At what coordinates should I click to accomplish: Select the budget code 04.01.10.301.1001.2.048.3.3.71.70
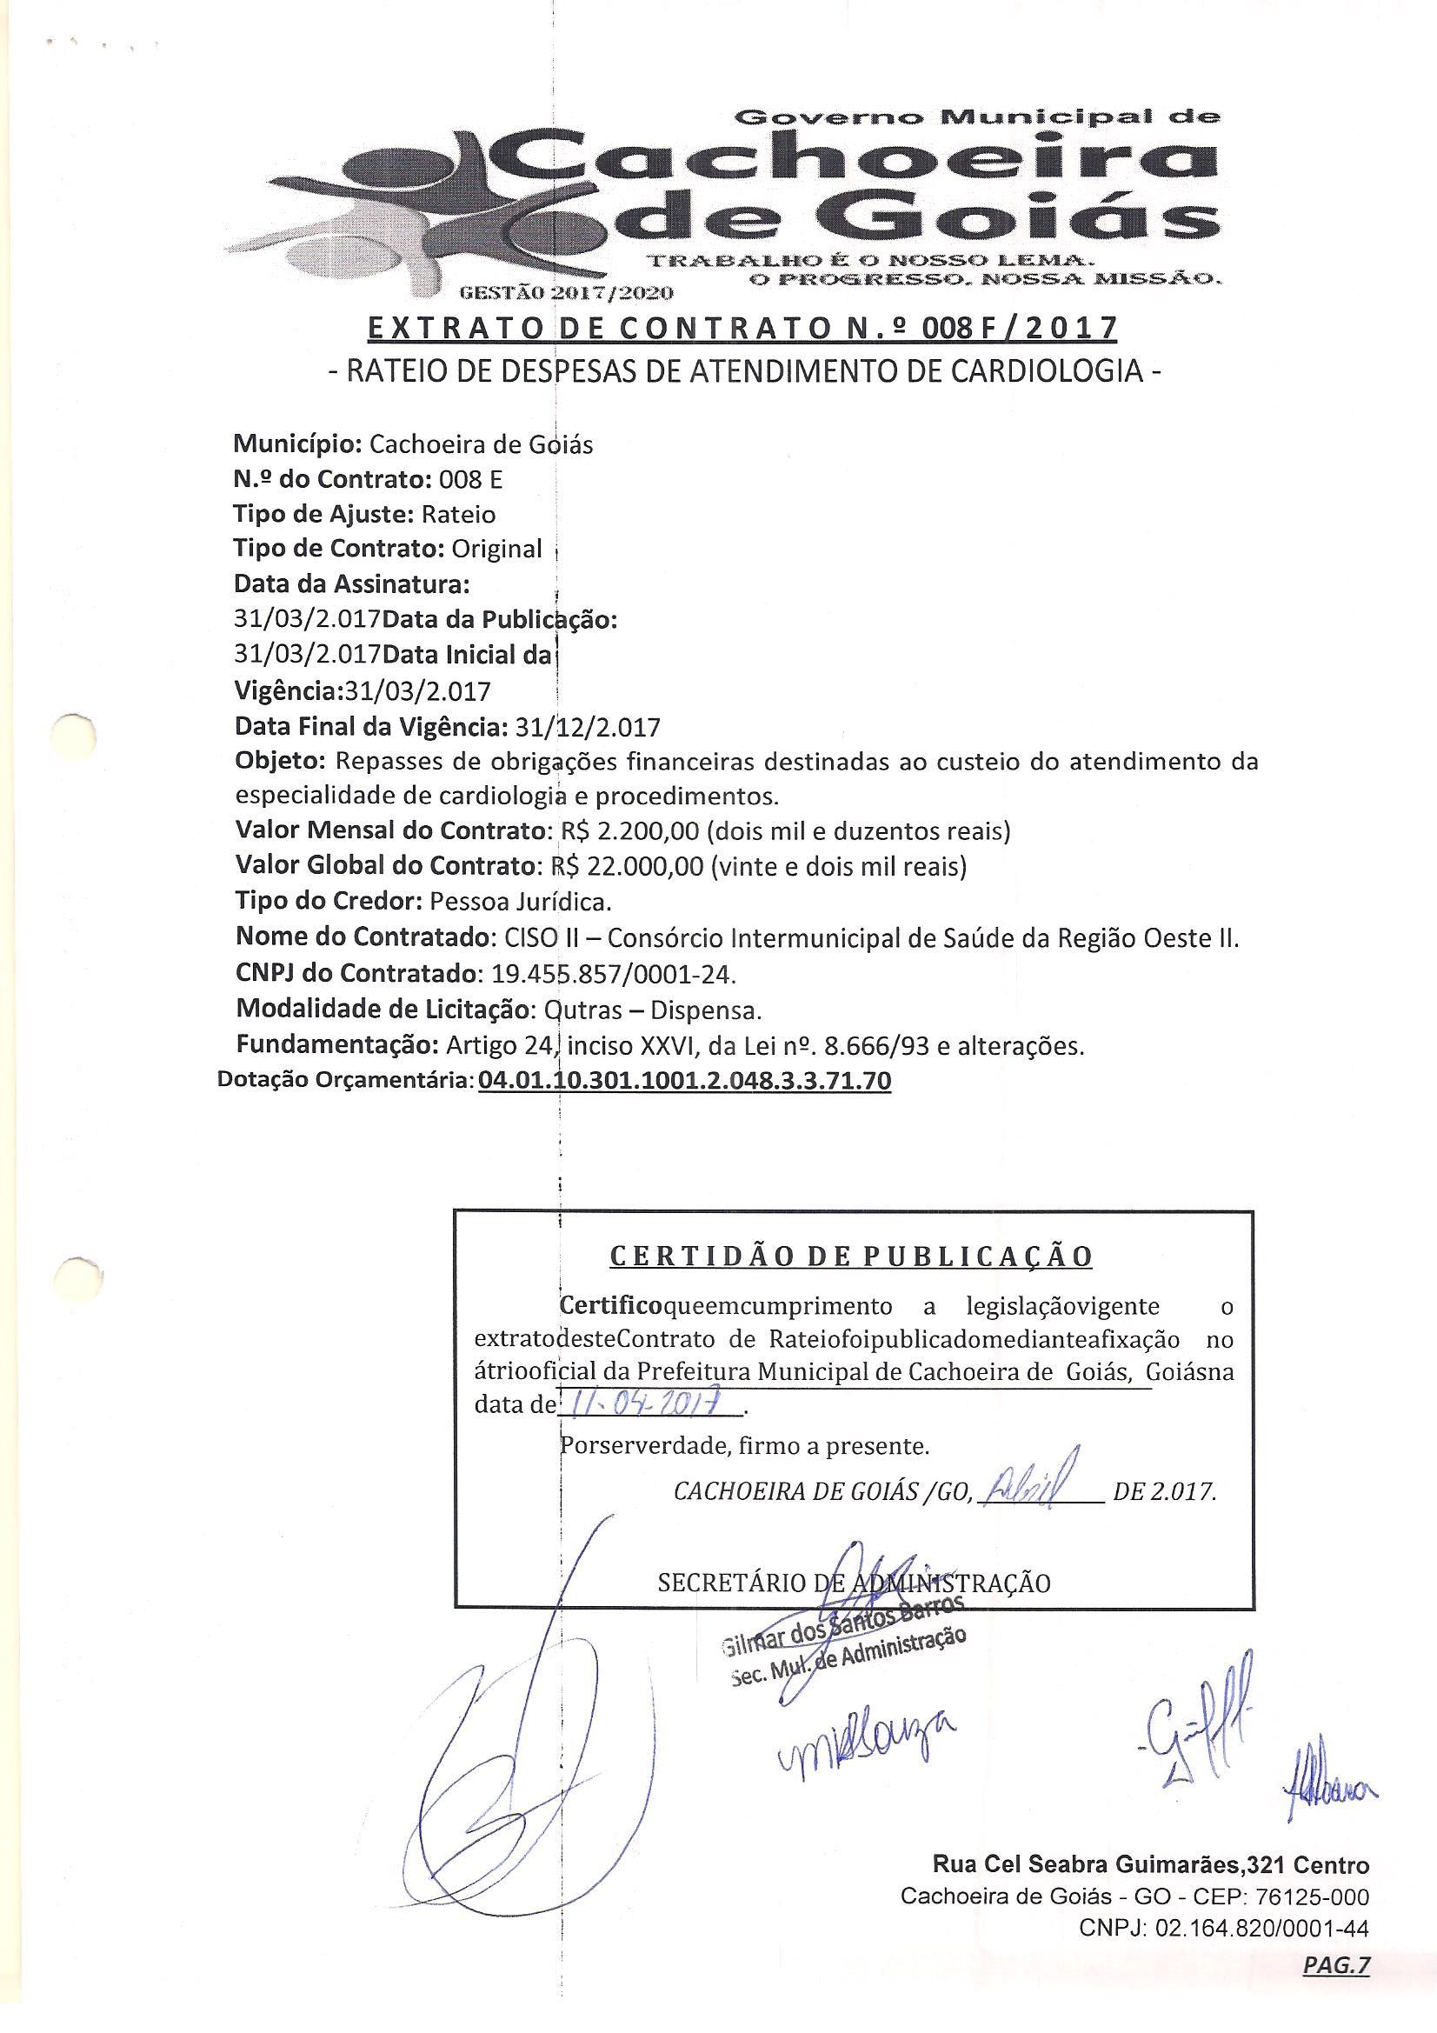coord(683,1081)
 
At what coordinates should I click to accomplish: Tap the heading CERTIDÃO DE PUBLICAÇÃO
coord(852,1256)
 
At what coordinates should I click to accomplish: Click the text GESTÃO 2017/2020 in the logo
coord(564,292)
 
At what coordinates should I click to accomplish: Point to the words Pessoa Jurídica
coord(521,902)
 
